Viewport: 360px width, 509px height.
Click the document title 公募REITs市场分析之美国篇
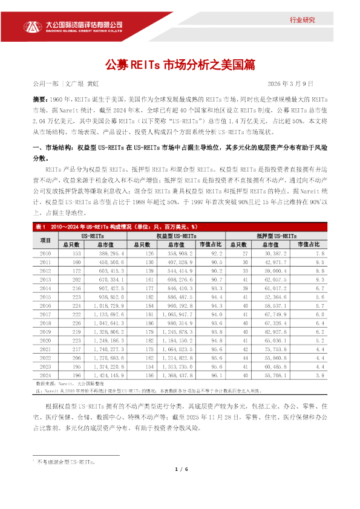click(x=180, y=65)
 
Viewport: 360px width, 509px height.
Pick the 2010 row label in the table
click(x=44, y=253)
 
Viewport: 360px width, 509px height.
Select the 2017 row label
click(x=44, y=314)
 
